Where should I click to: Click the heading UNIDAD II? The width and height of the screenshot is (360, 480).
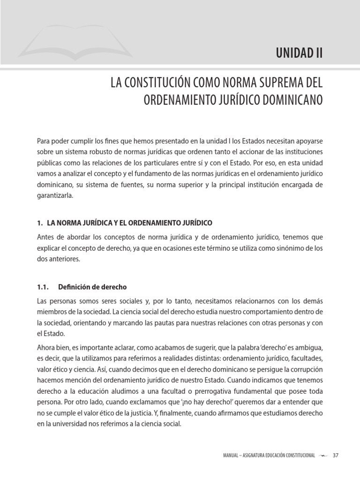point(299,52)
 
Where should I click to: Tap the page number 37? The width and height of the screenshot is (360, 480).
point(335,456)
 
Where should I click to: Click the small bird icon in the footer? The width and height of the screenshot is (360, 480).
point(323,456)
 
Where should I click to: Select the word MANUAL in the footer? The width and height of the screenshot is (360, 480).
point(233,456)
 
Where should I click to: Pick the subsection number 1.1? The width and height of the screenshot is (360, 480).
point(43,287)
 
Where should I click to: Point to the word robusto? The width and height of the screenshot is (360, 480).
point(107,152)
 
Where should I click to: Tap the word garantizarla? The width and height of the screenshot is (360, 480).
point(55,196)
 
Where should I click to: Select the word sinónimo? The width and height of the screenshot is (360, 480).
point(285,248)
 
